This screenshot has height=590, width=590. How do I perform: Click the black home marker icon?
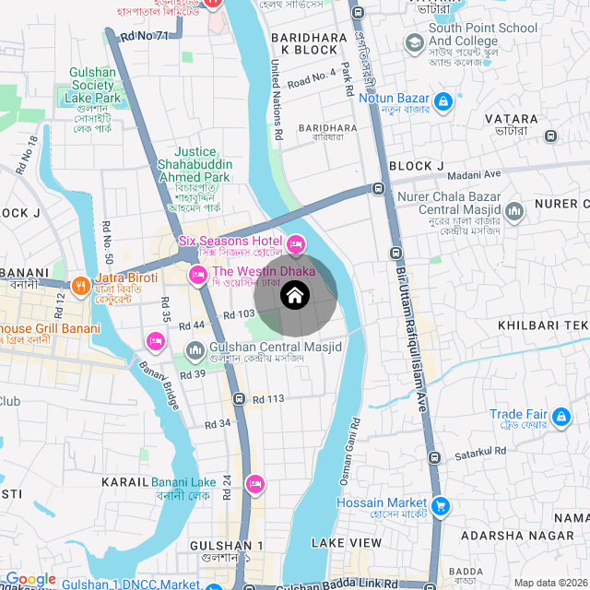tap(295, 295)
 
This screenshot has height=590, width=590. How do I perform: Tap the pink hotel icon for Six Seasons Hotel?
tap(296, 244)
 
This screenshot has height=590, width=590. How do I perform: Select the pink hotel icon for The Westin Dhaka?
tap(197, 275)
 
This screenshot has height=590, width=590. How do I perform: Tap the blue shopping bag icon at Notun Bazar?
tap(442, 100)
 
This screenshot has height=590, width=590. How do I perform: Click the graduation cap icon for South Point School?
tap(414, 43)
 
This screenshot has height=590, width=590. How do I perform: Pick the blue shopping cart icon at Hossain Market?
tap(442, 505)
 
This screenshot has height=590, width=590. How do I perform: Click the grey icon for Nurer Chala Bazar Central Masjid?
tap(513, 213)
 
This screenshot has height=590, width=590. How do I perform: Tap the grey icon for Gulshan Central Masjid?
tap(195, 350)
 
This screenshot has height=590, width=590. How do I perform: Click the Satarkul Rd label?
tap(480, 452)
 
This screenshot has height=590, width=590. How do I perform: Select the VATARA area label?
tap(512, 119)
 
